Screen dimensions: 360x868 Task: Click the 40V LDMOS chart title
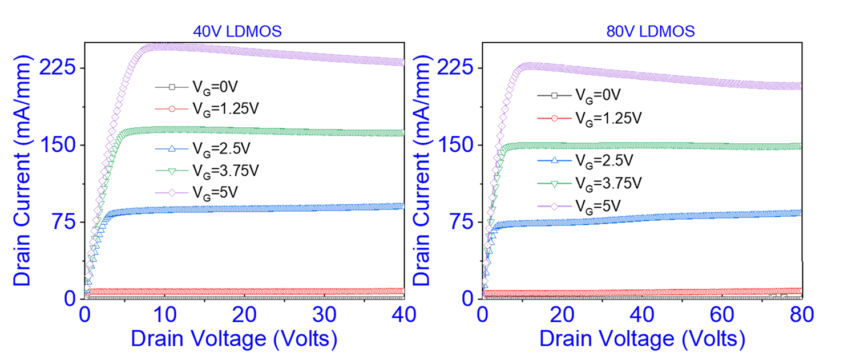237,32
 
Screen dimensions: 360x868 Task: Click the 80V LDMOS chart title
651,32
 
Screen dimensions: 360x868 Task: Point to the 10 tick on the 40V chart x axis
164,315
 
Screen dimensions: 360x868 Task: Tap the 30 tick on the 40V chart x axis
324,315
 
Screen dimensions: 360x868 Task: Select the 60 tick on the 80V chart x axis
722,315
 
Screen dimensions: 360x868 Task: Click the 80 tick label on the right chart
801,315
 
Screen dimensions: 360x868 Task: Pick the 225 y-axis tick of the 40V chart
57,68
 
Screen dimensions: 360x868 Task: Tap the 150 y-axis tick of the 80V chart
455,145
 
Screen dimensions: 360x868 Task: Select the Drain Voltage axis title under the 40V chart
234,339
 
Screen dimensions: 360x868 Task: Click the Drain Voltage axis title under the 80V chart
643,339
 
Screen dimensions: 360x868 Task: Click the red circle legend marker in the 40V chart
171,108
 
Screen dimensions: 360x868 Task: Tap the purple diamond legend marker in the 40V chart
171,192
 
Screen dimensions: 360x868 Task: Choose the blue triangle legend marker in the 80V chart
554,160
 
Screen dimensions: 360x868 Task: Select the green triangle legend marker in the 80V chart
554,184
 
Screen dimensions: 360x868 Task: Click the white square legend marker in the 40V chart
171,87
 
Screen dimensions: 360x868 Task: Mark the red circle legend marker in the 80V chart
554,118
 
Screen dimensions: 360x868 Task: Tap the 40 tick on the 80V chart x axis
643,315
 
